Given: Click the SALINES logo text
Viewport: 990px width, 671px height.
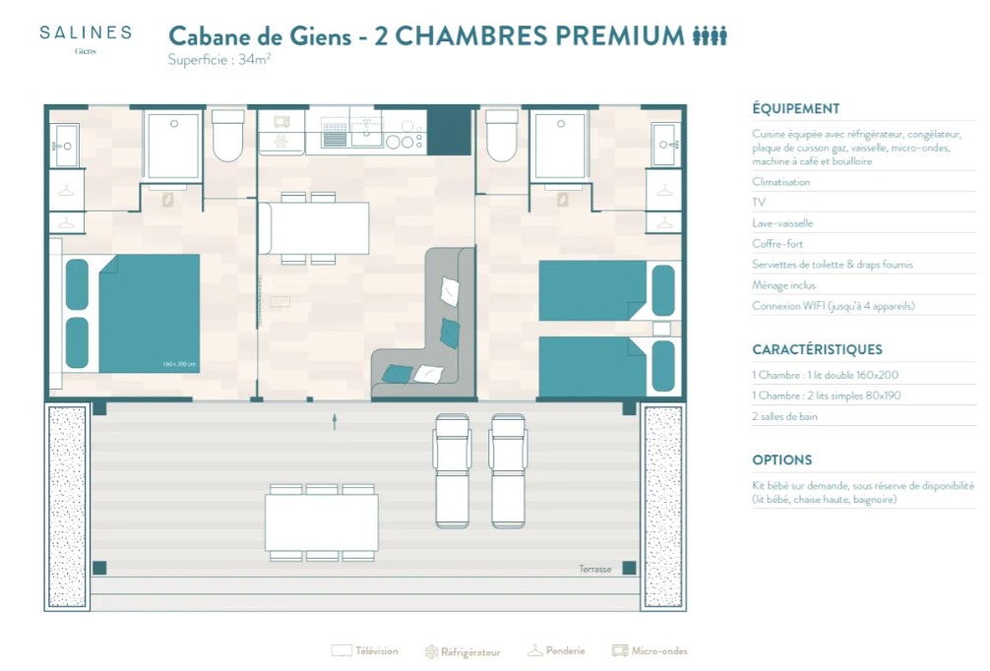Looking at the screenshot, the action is (86, 32).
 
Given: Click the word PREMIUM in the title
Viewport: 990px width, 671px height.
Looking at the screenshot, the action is (621, 36).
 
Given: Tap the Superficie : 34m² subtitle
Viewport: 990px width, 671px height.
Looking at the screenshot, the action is (219, 60).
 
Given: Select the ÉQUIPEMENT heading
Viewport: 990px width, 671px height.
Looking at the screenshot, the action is (795, 108).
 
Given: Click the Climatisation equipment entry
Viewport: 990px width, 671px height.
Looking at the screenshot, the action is (780, 182).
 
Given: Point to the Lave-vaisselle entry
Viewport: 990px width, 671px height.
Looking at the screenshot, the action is (782, 222).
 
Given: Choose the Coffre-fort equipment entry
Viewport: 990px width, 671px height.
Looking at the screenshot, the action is (777, 244).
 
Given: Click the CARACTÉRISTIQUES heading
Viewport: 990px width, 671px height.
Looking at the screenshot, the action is (817, 349).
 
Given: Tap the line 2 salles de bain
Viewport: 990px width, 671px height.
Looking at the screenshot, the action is (784, 416).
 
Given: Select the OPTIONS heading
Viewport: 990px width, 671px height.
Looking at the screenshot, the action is (781, 460).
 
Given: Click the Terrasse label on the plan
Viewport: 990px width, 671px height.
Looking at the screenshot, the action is (594, 569).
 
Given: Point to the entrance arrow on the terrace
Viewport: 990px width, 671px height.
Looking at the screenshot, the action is (335, 422).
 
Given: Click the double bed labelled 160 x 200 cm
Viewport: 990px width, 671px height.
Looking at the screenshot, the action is (149, 313).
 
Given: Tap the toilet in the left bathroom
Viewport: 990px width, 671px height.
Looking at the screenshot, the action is (228, 136).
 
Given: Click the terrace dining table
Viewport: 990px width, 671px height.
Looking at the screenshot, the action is (322, 522).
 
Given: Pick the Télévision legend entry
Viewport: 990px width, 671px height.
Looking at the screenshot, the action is (364, 651).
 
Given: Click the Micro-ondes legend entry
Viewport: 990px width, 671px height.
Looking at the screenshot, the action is (650, 650).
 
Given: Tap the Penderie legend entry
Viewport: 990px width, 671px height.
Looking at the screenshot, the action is (556, 650).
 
